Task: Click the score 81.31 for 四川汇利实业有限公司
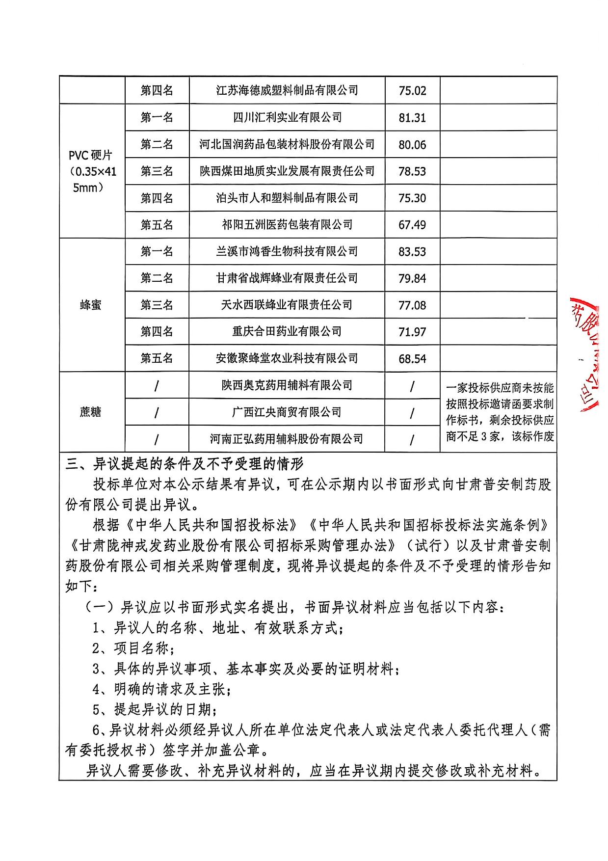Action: (412, 118)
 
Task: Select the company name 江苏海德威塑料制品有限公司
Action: (287, 90)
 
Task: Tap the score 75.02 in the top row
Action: (412, 91)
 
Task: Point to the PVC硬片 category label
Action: (91, 171)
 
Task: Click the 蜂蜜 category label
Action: (91, 305)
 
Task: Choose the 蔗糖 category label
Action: (91, 412)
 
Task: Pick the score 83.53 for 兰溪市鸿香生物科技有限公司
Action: (412, 252)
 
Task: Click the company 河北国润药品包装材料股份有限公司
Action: (287, 144)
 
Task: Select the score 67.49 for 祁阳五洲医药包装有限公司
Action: (412, 225)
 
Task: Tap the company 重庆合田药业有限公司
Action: (287, 331)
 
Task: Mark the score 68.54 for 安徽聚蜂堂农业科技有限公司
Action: (412, 359)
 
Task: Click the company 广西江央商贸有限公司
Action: (287, 412)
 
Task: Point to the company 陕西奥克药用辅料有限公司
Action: (287, 385)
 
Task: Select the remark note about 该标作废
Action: (500, 412)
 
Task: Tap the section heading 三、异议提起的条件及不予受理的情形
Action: (185, 463)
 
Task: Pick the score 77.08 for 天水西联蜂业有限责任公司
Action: (412, 305)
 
